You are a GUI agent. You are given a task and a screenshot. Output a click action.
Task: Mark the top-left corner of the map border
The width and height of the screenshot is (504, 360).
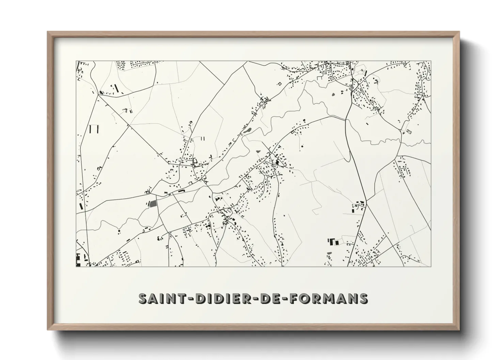76,61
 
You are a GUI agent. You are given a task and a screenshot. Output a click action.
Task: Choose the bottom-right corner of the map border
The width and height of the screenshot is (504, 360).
431,266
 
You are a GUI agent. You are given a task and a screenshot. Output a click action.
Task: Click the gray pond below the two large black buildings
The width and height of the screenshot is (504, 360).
329,253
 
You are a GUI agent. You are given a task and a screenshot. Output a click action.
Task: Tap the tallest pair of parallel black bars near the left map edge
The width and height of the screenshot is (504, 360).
94,129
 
